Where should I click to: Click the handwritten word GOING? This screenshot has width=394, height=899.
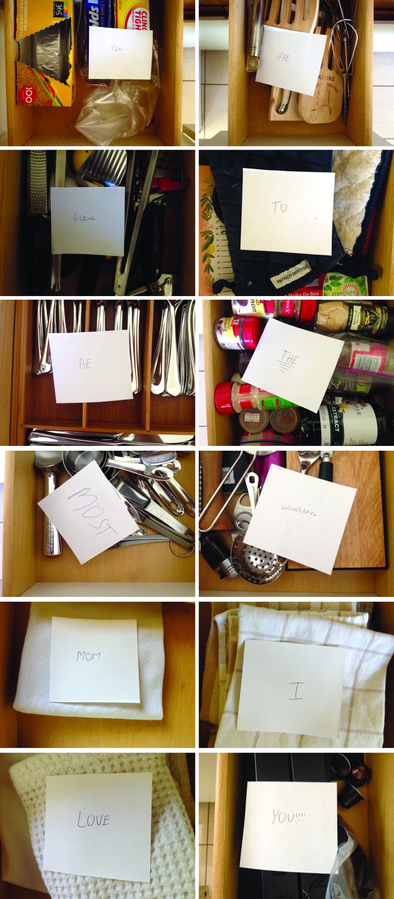[84, 218]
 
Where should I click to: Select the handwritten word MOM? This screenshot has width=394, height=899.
[89, 656]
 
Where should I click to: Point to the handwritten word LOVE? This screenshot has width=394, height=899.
[94, 819]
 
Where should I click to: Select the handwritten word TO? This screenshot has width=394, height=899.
[280, 207]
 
